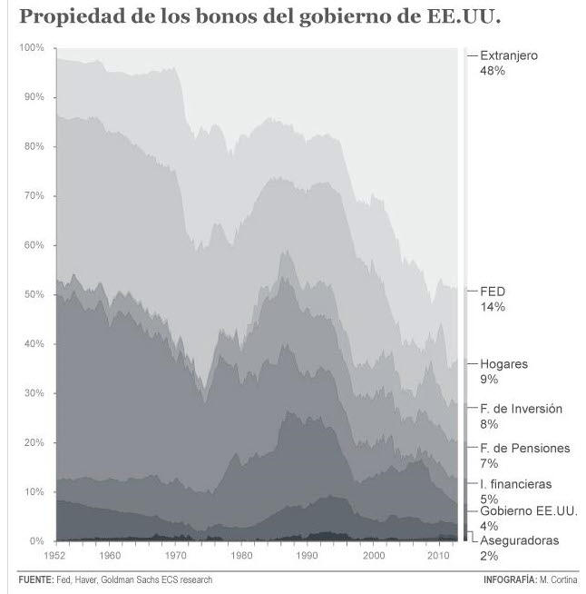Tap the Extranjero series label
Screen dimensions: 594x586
tap(508, 55)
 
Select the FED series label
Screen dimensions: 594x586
tap(493, 292)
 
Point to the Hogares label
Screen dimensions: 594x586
tap(503, 364)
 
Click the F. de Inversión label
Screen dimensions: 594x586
tap(521, 409)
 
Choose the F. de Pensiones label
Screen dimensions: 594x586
tap(524, 448)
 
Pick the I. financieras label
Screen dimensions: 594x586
tap(515, 484)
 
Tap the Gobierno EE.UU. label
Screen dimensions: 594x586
tap(523, 511)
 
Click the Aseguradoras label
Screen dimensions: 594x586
tap(519, 540)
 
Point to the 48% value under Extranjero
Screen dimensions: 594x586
tap(493, 71)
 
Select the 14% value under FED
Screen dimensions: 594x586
tap(492, 307)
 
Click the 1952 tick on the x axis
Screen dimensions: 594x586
tap(56, 554)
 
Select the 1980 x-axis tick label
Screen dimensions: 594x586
tap(241, 554)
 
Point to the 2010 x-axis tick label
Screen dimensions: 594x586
tap(438, 554)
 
